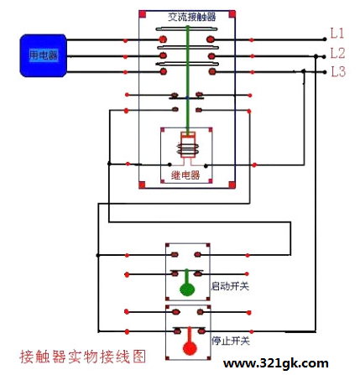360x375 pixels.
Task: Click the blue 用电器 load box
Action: (43, 55)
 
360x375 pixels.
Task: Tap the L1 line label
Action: (337, 34)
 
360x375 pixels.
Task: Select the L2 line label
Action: (337, 53)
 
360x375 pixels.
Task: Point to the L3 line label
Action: (338, 71)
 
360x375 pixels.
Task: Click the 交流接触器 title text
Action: (192, 17)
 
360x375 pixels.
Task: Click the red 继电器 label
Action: (185, 175)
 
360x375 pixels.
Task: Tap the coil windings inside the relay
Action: (188, 148)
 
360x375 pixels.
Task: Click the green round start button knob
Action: (187, 289)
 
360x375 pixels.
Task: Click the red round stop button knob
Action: (190, 348)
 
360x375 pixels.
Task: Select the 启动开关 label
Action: (230, 286)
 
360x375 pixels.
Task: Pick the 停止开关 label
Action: (231, 341)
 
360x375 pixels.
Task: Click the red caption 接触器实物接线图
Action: (83, 357)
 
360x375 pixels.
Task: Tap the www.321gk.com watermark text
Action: (276, 363)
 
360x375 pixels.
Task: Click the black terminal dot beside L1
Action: (325, 39)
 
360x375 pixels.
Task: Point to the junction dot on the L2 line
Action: (316, 56)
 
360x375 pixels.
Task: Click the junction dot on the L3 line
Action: (304, 71)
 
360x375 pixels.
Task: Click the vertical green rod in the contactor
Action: (188, 81)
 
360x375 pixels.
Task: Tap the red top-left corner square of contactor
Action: (143, 14)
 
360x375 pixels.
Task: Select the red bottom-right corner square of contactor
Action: (232, 185)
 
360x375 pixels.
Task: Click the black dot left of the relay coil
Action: (170, 164)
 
